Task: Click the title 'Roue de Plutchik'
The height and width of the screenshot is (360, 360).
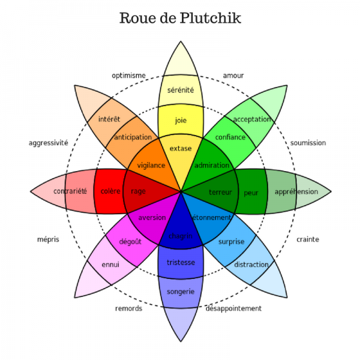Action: coord(180,18)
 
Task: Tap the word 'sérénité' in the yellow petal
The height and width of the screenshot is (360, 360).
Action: coord(181,90)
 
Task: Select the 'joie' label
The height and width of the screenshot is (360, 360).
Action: coord(181,120)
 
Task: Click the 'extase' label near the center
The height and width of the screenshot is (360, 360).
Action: coord(181,148)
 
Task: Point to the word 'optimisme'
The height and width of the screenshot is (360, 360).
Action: coord(128,76)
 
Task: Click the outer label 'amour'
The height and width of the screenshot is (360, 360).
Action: coord(233,76)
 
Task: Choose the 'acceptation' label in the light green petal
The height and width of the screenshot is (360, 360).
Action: coord(252,119)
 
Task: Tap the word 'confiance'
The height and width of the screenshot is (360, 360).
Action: coord(230,137)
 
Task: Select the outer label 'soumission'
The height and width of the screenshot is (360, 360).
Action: coord(308,143)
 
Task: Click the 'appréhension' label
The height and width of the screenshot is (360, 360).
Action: coord(296,192)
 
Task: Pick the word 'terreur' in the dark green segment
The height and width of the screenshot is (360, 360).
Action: coord(220,193)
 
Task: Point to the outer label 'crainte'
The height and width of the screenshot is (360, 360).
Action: coord(307,239)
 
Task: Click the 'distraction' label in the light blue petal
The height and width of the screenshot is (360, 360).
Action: coord(251,265)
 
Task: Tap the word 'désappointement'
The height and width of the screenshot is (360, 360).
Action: coord(233,308)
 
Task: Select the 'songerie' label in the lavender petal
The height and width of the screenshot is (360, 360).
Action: coord(181,292)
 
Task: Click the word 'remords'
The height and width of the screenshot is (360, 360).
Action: coord(128,308)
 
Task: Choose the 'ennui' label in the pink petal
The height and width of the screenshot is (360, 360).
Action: coord(110,265)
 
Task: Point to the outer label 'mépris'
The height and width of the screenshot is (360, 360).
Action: coord(48,239)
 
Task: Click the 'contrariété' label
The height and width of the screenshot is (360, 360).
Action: coord(70,191)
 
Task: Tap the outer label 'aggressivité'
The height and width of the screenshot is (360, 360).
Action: coord(48,143)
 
